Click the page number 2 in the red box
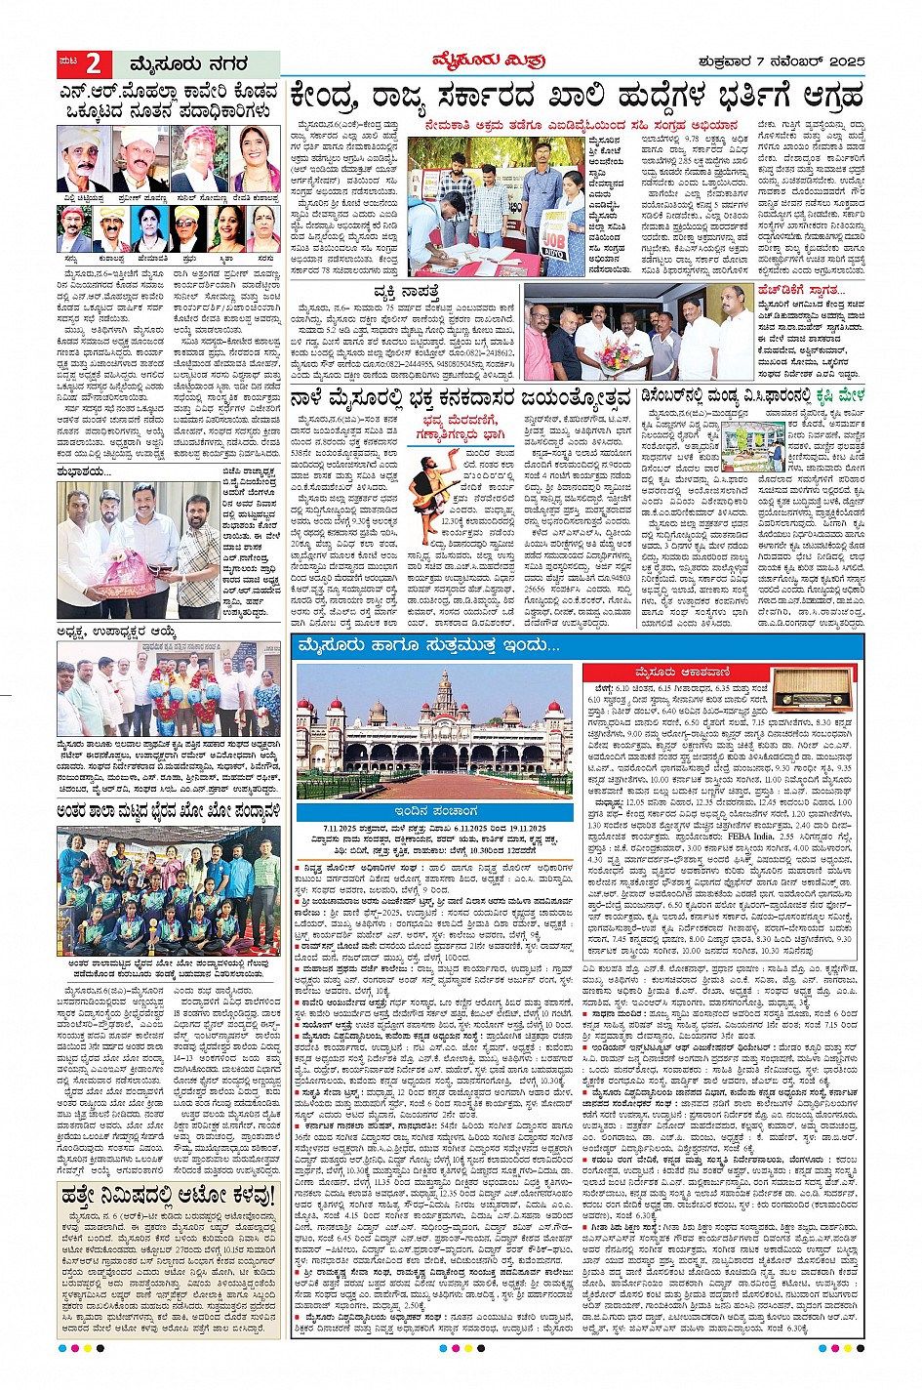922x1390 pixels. tap(93, 64)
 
